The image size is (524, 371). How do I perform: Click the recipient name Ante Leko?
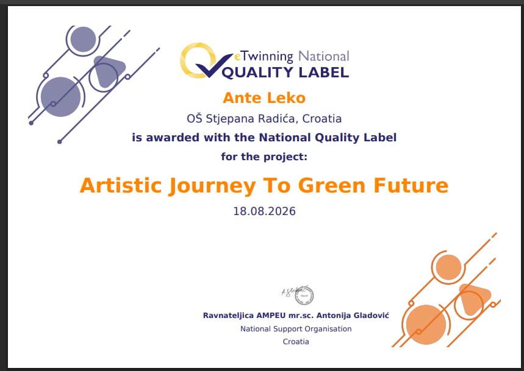pos(264,98)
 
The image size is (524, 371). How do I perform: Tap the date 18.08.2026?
pos(264,211)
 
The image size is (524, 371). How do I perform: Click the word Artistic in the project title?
pos(121,185)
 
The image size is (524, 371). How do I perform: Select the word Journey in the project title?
pos(212,186)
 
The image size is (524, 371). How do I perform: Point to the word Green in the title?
pos(331,185)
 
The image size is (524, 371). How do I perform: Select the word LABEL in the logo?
pos(323,72)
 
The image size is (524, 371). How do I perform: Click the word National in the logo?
pos(323,56)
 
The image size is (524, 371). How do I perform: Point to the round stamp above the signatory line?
pos(304,295)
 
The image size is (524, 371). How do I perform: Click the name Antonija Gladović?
pos(353,316)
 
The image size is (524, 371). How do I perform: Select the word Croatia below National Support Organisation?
pos(296,342)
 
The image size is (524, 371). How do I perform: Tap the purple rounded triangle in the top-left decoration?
pos(108,71)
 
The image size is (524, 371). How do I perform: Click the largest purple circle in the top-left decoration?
pos(60,97)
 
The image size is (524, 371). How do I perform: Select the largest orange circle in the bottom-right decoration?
pos(426,325)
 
